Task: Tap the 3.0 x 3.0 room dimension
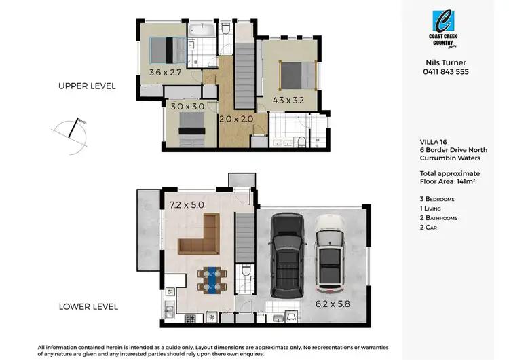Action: pyautogui.click(x=185, y=107)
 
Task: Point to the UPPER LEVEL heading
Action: pyautogui.click(x=87, y=86)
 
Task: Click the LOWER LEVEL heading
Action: pyautogui.click(x=88, y=306)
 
